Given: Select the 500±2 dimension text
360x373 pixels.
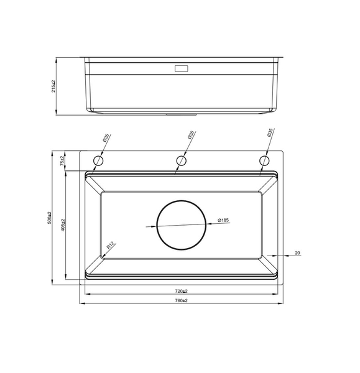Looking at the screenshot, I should pyautogui.click(x=49, y=218).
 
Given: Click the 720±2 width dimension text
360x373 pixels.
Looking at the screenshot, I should pyautogui.click(x=181, y=291).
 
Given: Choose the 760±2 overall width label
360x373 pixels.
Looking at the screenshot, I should pyautogui.click(x=181, y=300).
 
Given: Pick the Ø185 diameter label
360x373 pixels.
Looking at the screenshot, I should pyautogui.click(x=224, y=220).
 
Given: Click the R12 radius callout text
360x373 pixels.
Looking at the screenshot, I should pyautogui.click(x=110, y=246).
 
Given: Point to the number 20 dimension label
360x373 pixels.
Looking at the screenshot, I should pyautogui.click(x=297, y=252).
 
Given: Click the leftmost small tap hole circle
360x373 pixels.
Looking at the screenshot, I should pyautogui.click(x=98, y=161).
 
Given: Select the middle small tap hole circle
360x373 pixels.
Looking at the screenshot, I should pyautogui.click(x=181, y=161).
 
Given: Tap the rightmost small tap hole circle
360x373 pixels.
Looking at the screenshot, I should pyautogui.click(x=264, y=161).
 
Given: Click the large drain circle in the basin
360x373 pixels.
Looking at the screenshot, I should pyautogui.click(x=181, y=225).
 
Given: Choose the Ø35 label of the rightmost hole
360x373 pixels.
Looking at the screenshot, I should pyautogui.click(x=270, y=134).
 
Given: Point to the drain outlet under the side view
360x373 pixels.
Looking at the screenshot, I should pyautogui.click(x=181, y=115).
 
